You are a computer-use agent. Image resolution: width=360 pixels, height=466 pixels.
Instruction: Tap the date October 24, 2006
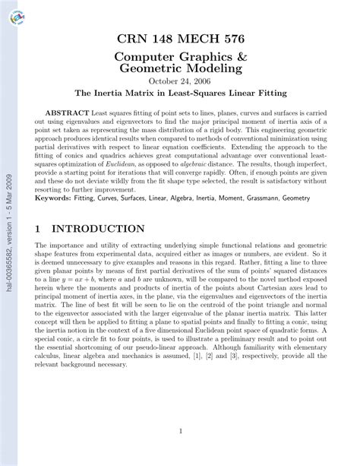[x=179, y=81]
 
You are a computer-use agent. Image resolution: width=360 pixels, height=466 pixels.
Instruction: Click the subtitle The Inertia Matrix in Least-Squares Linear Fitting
[x=179, y=94]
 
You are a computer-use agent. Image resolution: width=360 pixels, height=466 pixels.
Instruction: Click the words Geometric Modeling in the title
[x=179, y=68]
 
